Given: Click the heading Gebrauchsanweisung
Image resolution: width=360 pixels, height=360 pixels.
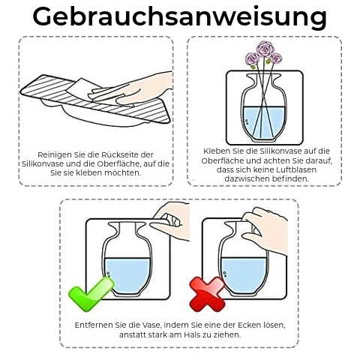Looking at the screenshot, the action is coord(180,17).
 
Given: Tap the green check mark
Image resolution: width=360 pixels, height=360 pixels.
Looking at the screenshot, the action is coord(91,294).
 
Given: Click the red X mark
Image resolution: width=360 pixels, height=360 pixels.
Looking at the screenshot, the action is coord(207,294).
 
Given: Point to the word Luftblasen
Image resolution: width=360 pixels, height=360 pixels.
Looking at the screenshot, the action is coord(296,169).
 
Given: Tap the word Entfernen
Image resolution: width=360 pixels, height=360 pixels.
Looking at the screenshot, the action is coord(94,325).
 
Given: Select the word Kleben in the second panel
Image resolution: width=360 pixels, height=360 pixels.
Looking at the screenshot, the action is coord(217,151).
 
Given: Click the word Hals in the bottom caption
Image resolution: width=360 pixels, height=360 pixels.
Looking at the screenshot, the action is coord(191,334).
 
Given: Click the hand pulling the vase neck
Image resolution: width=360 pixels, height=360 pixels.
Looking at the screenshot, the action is coord(268,230).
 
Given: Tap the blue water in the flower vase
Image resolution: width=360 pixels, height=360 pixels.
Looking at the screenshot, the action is coord(264,121).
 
